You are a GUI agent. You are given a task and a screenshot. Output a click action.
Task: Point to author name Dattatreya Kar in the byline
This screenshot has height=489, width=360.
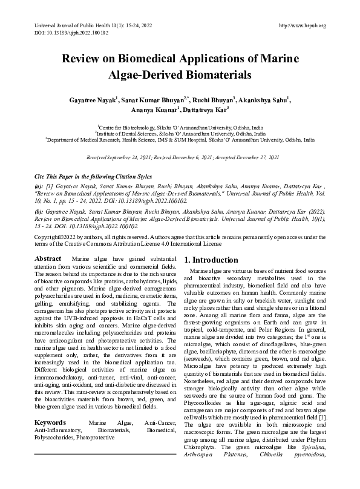207,111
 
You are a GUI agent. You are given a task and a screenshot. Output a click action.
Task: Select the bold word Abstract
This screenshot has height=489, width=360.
48,258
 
